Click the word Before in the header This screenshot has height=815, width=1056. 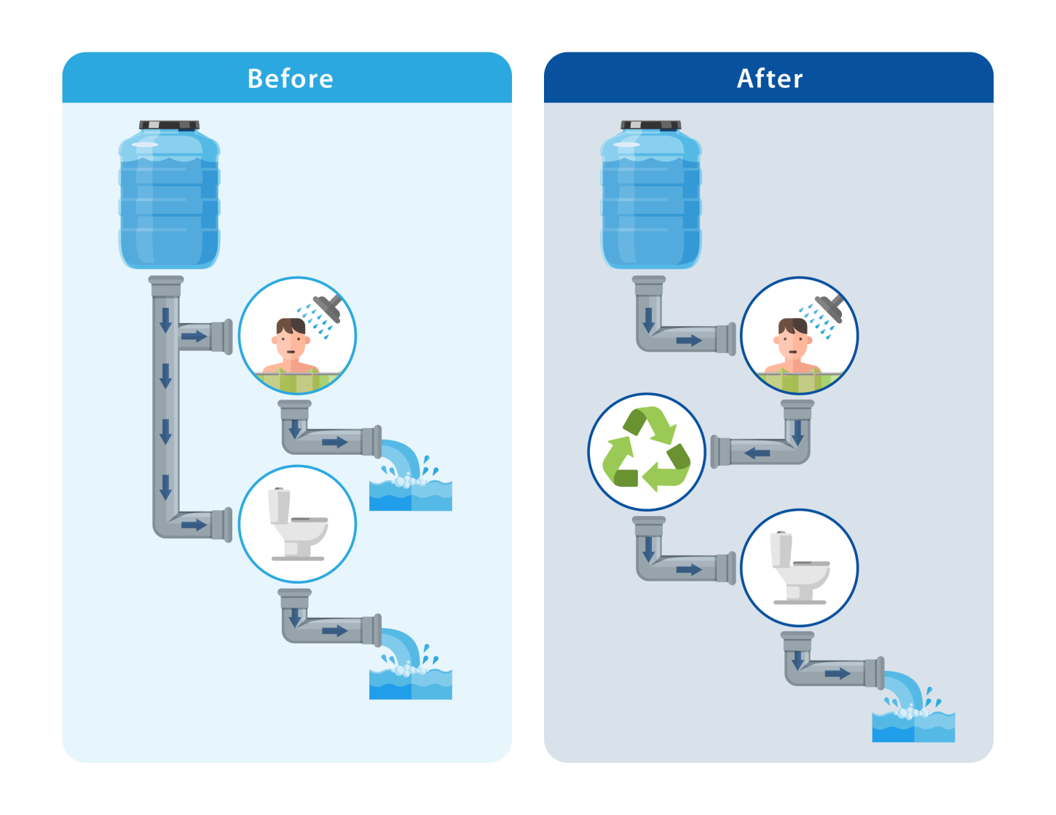pos(290,79)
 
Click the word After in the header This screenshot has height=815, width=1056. pos(769,79)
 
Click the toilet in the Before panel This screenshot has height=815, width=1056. pos(297,524)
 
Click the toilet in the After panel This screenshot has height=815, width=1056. pos(799,568)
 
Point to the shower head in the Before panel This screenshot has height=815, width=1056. pos(328,307)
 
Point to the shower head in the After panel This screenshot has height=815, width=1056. pos(830,308)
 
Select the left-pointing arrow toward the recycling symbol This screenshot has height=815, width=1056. pos(757,453)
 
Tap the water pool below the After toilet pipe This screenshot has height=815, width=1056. pos(913,725)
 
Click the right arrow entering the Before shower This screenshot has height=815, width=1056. pos(194,336)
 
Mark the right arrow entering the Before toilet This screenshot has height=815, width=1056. pos(194,525)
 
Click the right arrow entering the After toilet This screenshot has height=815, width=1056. pos(688,570)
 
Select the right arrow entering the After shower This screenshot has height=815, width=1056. pos(688,341)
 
